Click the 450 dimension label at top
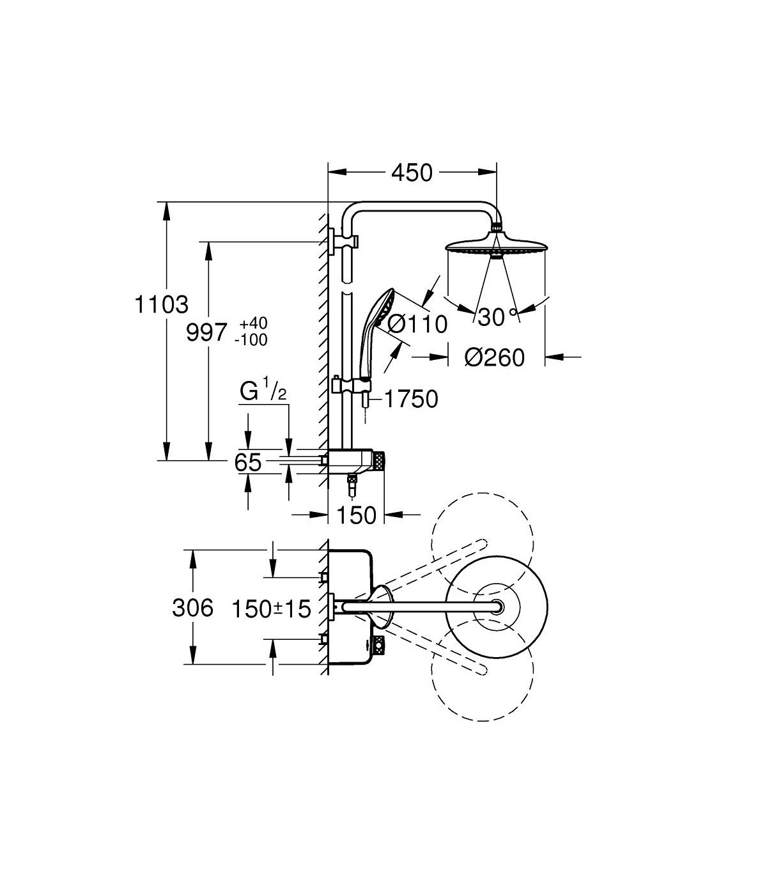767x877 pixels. pyautogui.click(x=412, y=173)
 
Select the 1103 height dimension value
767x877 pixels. pyautogui.click(x=162, y=305)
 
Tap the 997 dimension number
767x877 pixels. pyautogui.click(x=206, y=332)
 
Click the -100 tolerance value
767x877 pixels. pyautogui.click(x=251, y=340)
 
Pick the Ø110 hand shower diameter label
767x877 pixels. pyautogui.click(x=417, y=324)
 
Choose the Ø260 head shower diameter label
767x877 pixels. pyautogui.click(x=495, y=357)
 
